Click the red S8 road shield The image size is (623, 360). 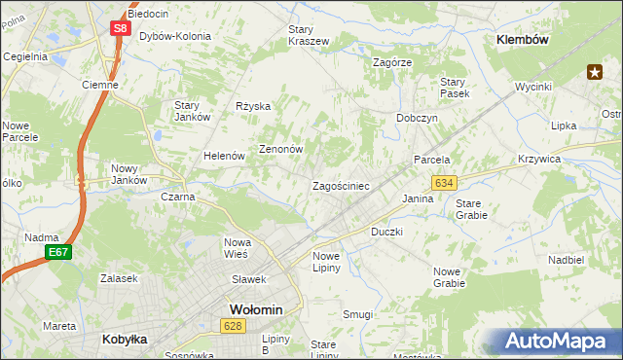tap(120, 28)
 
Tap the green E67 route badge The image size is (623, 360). tap(57, 253)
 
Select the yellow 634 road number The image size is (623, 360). tap(445, 183)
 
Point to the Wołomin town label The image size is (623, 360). tap(255, 309)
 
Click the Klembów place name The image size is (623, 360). tap(523, 40)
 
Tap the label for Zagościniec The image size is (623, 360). tap(341, 185)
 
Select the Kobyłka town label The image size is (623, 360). tap(124, 340)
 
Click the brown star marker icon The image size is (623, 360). tap(595, 71)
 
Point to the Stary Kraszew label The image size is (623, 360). tap(308, 35)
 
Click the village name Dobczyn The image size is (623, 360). tap(417, 117)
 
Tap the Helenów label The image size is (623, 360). tap(223, 156)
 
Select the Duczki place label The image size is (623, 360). tap(386, 233)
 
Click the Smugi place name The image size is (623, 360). tap(357, 314)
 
